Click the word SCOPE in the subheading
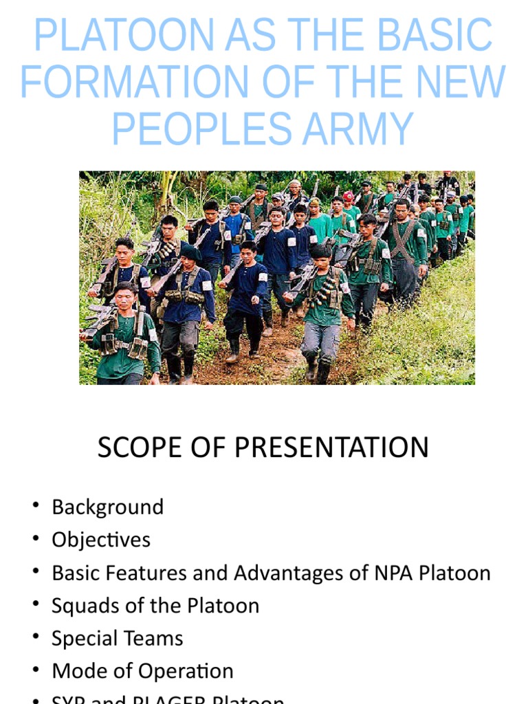pyautogui.click(x=140, y=448)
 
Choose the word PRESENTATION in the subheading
pyautogui.click(x=331, y=448)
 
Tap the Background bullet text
pyautogui.click(x=107, y=507)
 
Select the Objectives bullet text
pyautogui.click(x=100, y=540)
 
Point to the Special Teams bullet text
pyautogui.click(x=117, y=638)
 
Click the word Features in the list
pyautogui.click(x=142, y=573)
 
